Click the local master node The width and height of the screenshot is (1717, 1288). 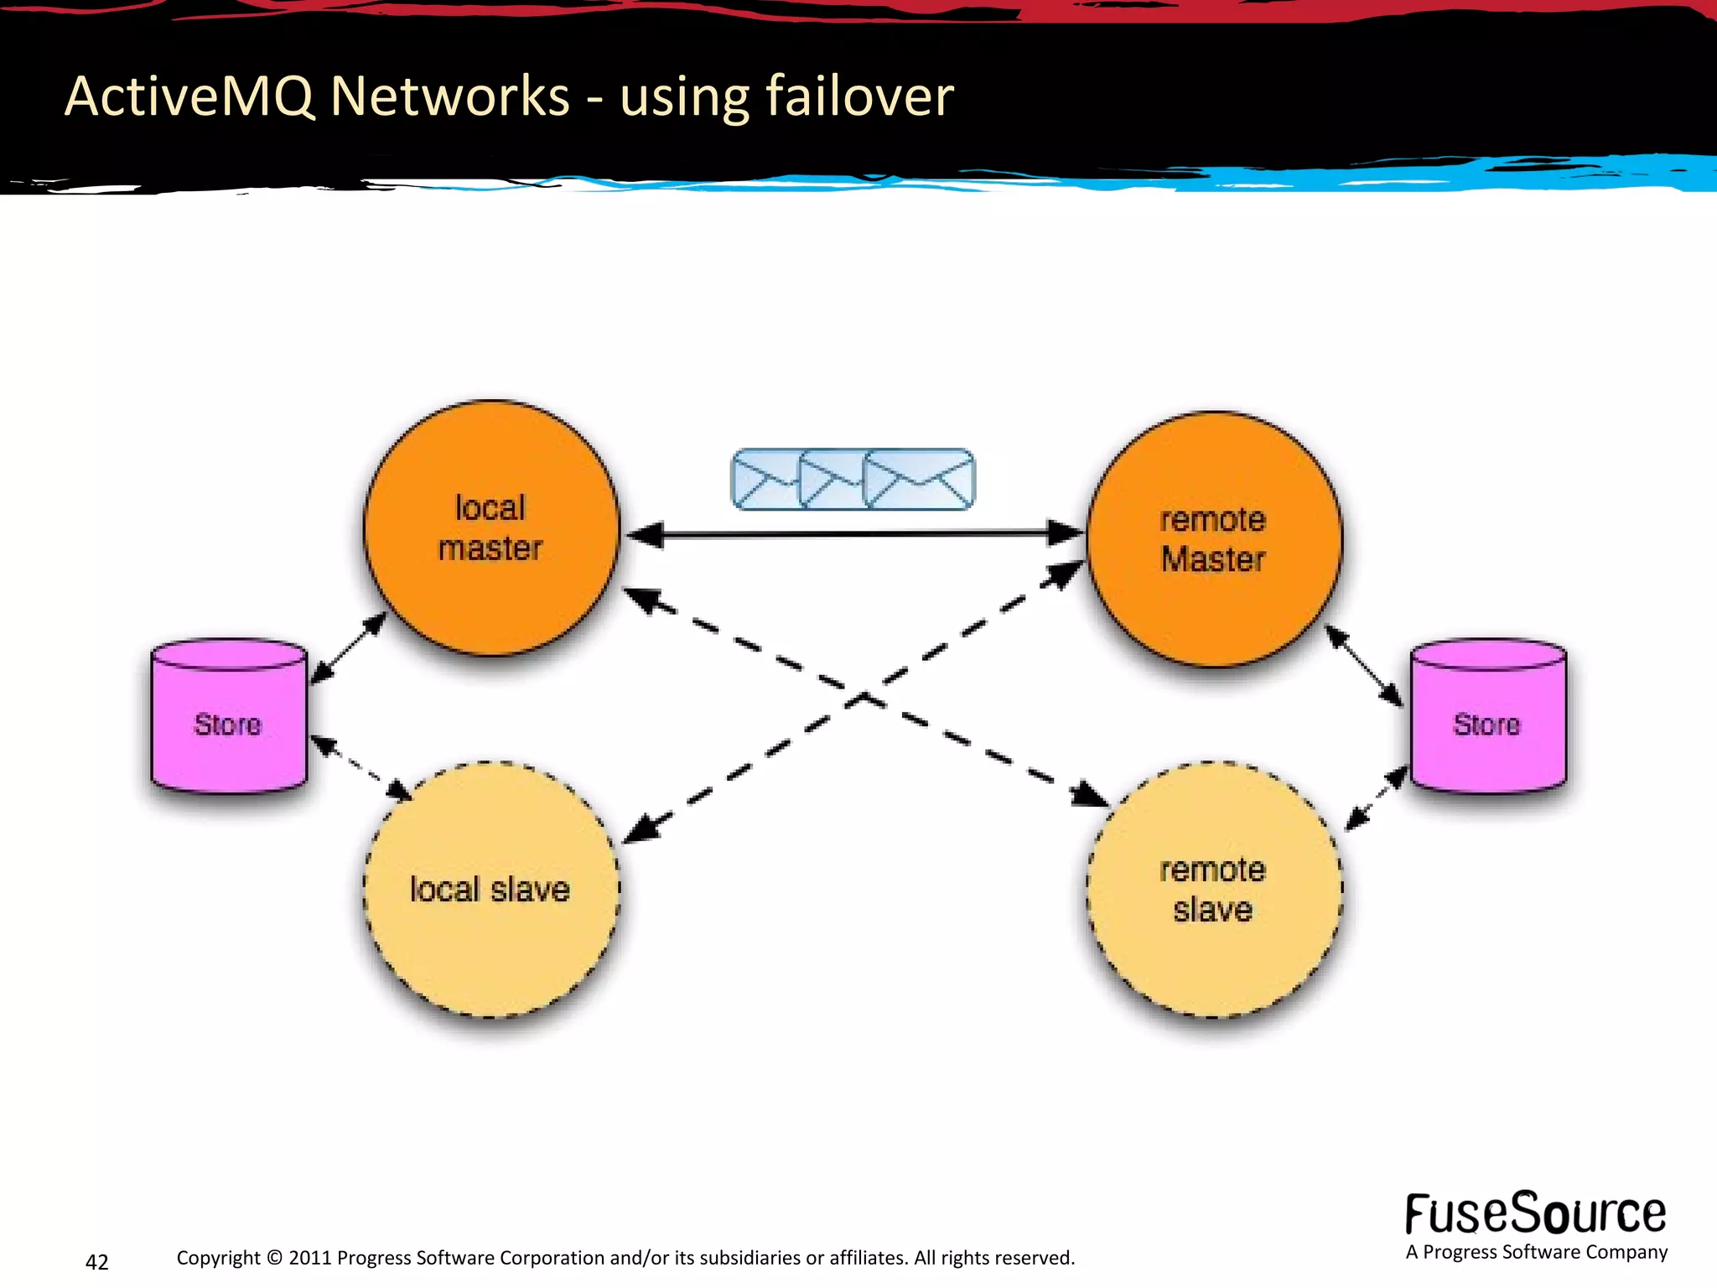491,528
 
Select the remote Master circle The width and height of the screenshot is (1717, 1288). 1214,539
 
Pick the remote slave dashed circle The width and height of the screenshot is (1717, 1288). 1214,891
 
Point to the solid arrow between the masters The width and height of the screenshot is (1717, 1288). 855,533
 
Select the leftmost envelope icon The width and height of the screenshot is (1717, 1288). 764,480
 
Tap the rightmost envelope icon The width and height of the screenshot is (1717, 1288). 920,480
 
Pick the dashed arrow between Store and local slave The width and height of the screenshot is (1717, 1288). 361,767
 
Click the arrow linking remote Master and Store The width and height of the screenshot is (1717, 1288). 1363,666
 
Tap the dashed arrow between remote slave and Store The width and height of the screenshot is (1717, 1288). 1377,798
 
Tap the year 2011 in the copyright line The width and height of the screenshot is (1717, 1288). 309,1258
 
